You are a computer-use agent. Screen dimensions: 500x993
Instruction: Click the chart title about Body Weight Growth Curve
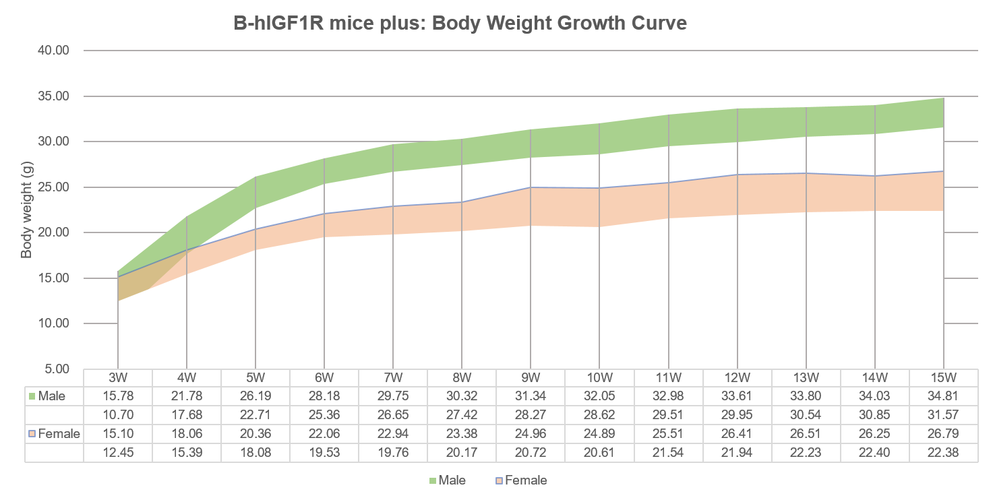coord(460,24)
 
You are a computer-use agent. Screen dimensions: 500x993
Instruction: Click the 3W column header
coord(118,377)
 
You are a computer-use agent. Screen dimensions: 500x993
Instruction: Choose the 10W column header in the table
coord(599,377)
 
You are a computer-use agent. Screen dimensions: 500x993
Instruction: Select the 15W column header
coord(942,377)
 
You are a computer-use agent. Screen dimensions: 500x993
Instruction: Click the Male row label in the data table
coord(52,396)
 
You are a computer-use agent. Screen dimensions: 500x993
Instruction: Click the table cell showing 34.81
coord(942,396)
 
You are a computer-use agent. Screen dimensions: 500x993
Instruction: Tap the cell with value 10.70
coord(118,414)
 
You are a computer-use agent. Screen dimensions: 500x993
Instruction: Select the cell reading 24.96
coord(531,433)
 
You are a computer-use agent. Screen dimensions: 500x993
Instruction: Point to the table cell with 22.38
coord(942,452)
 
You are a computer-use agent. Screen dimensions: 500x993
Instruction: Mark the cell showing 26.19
coord(255,396)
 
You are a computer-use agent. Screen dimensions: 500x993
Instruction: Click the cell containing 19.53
coord(324,452)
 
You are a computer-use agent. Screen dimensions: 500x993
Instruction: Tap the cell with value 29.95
coord(737,414)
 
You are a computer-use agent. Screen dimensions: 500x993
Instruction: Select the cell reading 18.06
coord(187,433)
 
